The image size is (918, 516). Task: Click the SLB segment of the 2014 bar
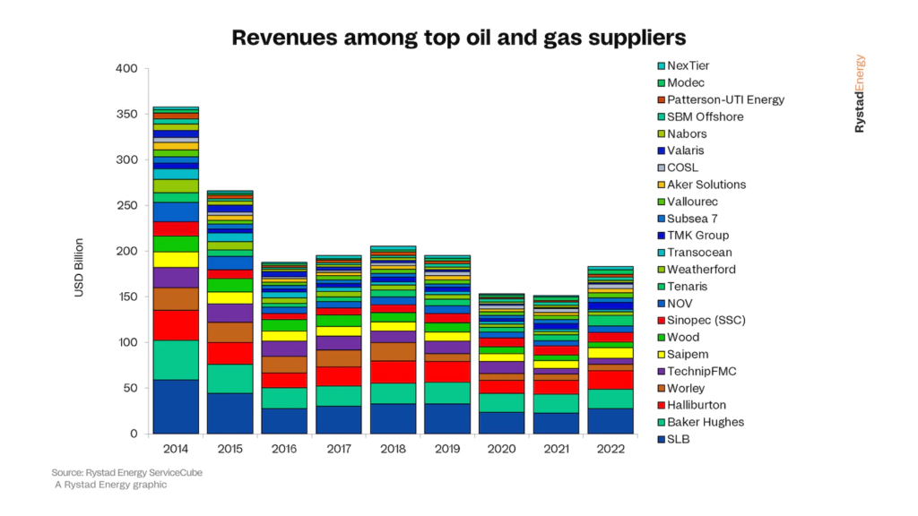[x=176, y=407]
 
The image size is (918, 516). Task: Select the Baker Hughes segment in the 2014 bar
[x=176, y=360]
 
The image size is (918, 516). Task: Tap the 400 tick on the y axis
[x=126, y=68]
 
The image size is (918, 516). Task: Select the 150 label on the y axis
[x=126, y=297]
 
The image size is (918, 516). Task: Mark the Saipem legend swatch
[x=662, y=354]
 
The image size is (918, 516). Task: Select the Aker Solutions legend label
[x=706, y=185]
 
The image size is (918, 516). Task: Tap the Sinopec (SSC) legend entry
[x=706, y=320]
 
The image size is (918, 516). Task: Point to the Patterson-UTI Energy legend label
[x=720, y=99]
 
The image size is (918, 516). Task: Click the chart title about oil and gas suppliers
[x=458, y=38]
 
